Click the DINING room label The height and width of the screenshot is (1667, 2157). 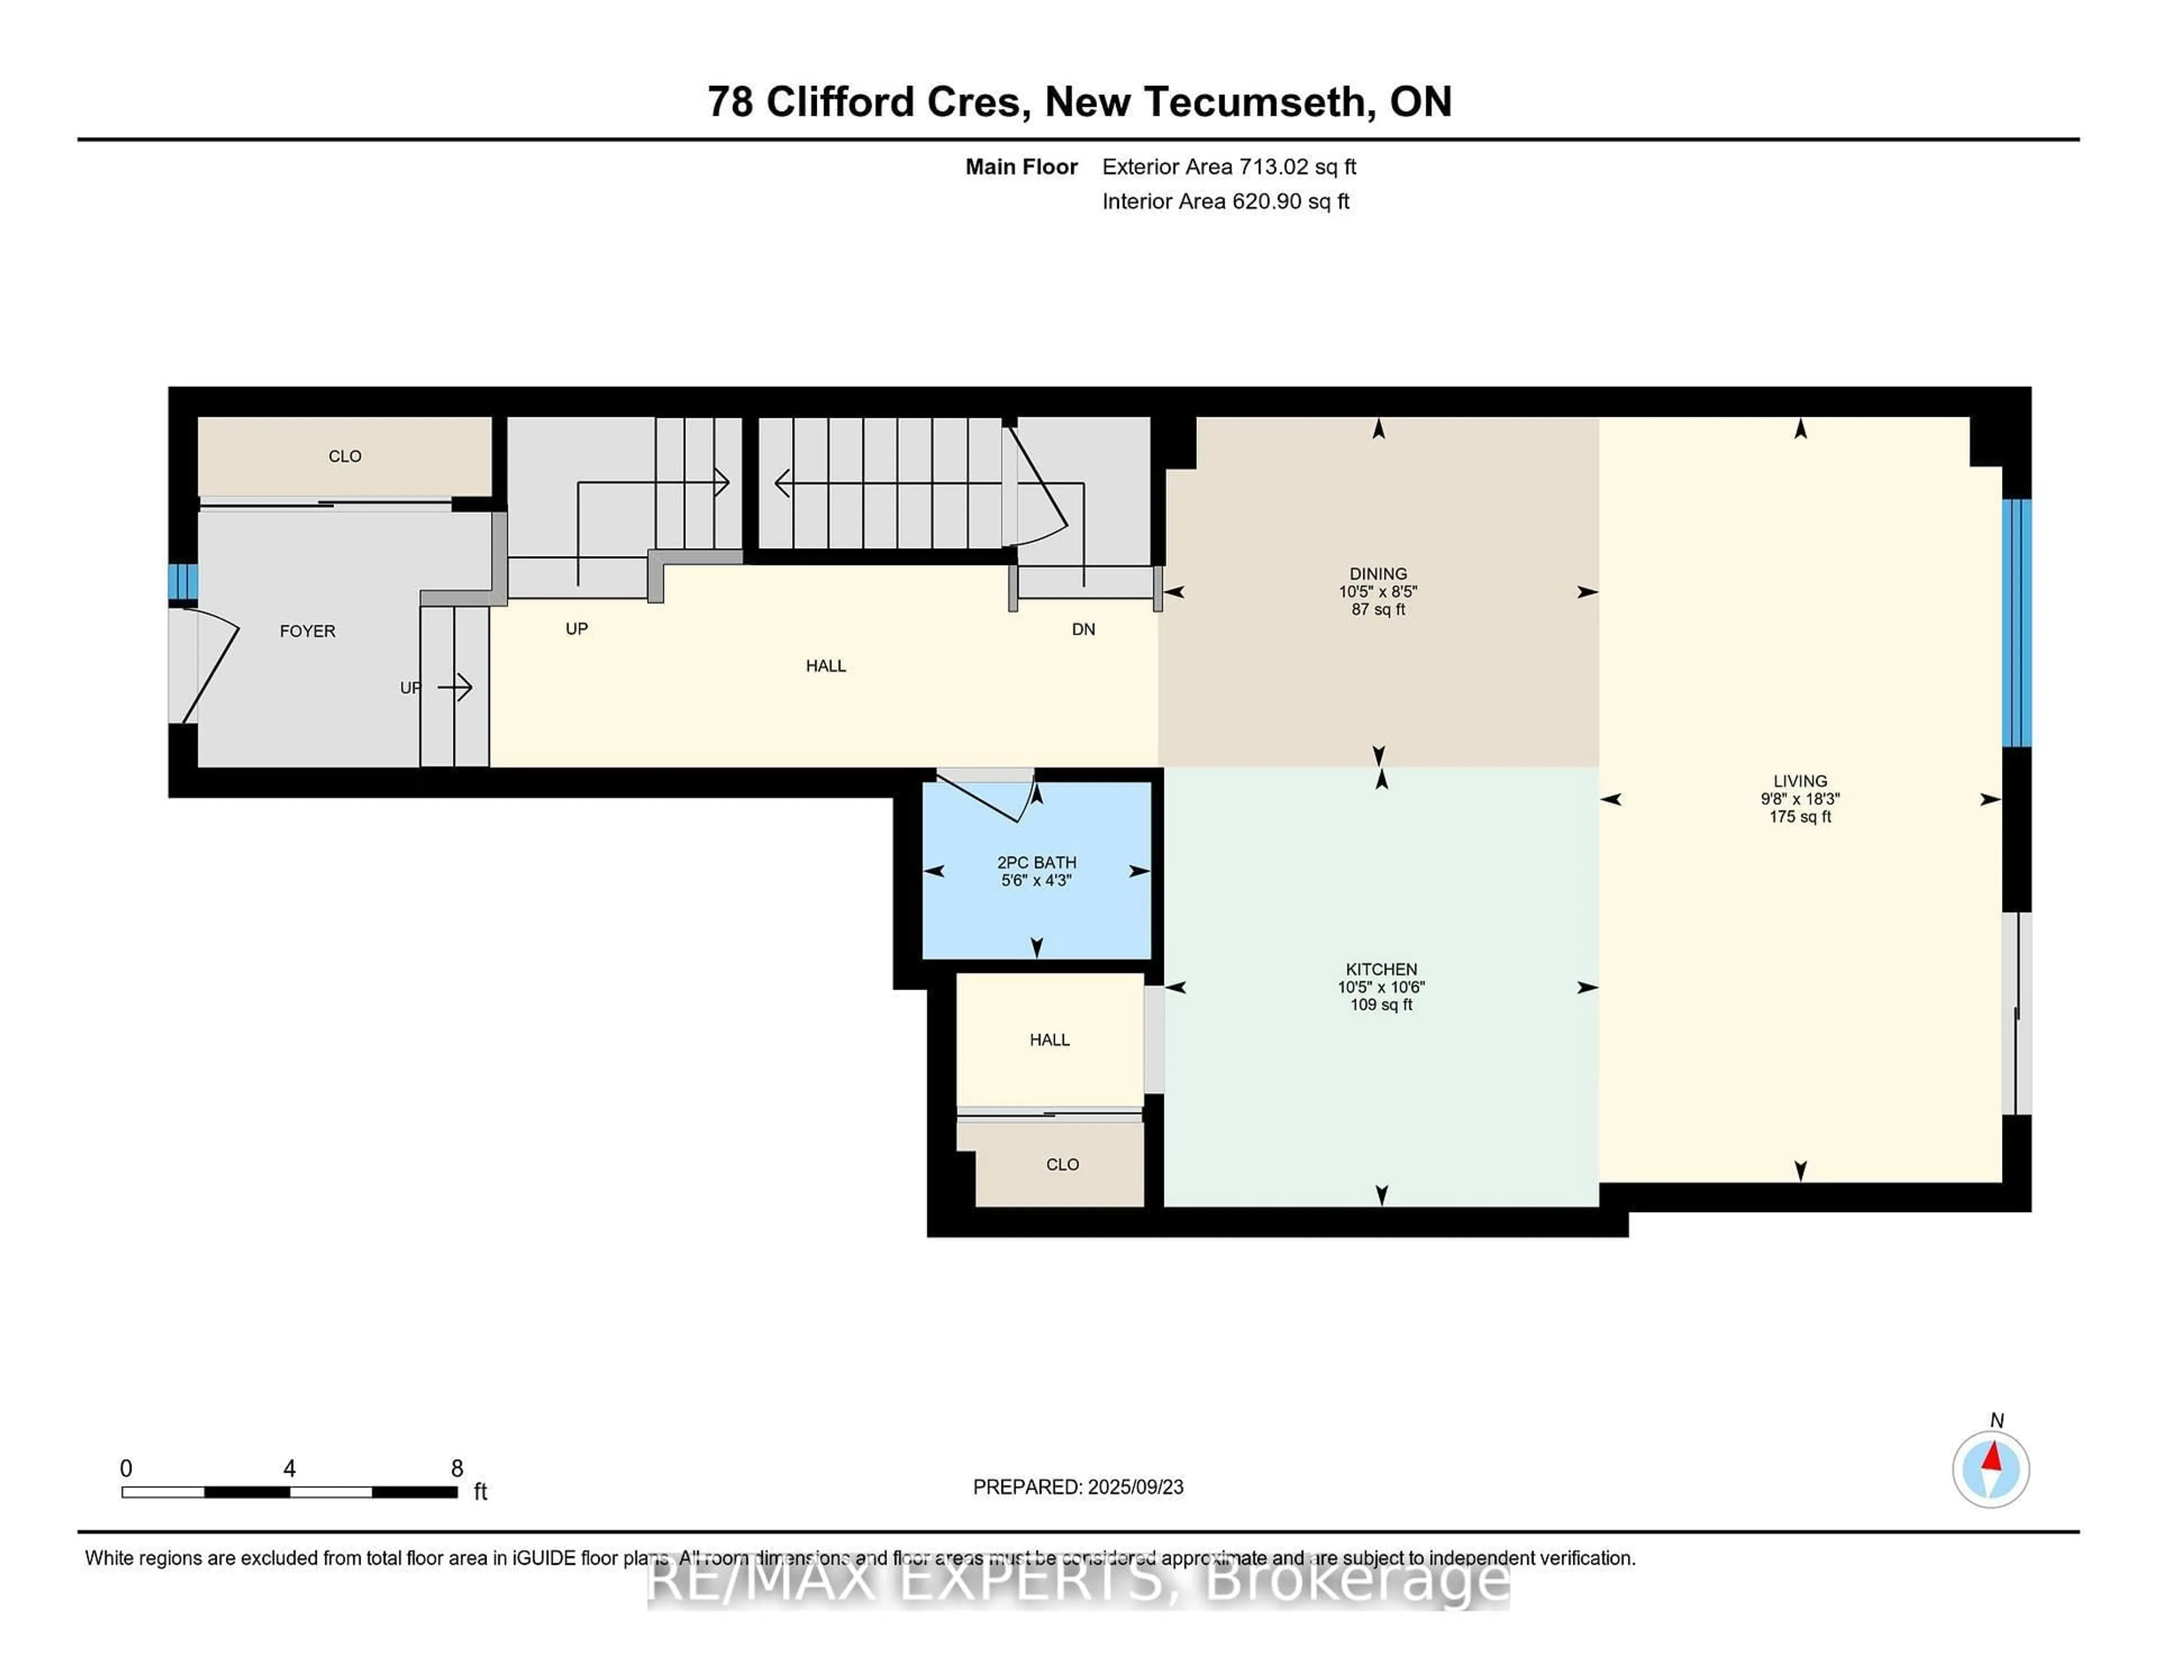click(1378, 574)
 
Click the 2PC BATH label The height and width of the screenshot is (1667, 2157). click(1036, 862)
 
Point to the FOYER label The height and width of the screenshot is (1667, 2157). click(307, 631)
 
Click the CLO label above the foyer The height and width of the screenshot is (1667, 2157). click(345, 456)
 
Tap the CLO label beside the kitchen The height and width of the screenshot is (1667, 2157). click(1062, 1164)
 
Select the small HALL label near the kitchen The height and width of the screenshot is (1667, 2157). click(1049, 1040)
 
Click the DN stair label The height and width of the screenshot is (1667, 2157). click(1084, 629)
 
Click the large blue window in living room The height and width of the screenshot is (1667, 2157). click(2016, 622)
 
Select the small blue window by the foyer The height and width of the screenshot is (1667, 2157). click(183, 582)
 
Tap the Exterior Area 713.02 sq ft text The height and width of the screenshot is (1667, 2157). click(1228, 167)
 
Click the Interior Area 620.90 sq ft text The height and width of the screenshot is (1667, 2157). click(1225, 202)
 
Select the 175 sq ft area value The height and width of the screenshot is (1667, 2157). click(1800, 817)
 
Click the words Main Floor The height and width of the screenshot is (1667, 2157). click(1021, 167)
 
